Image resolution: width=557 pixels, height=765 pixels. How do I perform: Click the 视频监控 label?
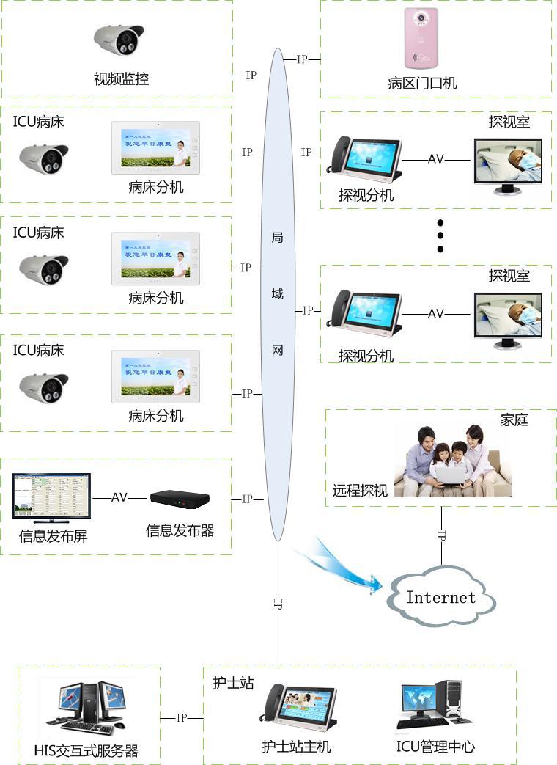tap(122, 78)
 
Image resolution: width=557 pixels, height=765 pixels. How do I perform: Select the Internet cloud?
tap(441, 598)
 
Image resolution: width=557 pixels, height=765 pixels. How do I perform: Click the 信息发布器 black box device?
tap(180, 498)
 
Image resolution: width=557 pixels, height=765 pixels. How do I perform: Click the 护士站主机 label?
tap(297, 747)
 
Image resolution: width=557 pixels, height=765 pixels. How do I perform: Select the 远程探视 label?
tap(360, 491)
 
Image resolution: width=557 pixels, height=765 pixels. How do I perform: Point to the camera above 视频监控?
tap(119, 40)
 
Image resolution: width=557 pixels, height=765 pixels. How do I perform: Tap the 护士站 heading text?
tap(233, 683)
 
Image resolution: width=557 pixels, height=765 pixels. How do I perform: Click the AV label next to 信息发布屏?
tap(119, 497)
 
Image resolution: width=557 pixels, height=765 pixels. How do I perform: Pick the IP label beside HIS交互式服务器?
tap(182, 718)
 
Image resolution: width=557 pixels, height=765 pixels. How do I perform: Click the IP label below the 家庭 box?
tap(441, 535)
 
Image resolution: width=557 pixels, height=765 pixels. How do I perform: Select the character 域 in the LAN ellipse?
tap(277, 294)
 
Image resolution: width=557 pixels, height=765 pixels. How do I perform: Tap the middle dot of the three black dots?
tap(440, 235)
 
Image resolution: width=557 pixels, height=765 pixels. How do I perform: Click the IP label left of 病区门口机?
tap(302, 59)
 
